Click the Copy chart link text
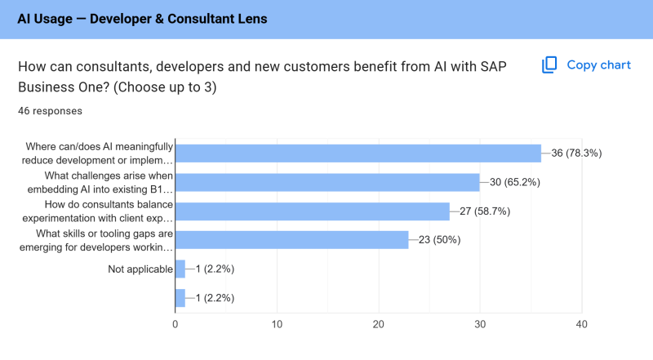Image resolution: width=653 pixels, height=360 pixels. pyautogui.click(x=598, y=65)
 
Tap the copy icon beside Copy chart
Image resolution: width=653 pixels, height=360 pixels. pyautogui.click(x=549, y=65)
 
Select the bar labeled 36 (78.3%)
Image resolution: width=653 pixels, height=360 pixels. pyautogui.click(x=358, y=153)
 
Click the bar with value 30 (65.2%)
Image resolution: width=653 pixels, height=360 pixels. pyautogui.click(x=328, y=183)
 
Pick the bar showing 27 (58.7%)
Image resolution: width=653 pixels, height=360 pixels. pyautogui.click(x=313, y=211)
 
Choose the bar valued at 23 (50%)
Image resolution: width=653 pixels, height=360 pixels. pyautogui.click(x=292, y=240)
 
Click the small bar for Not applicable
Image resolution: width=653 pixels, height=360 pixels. pyautogui.click(x=180, y=269)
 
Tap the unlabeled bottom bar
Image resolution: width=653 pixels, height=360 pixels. pyautogui.click(x=180, y=298)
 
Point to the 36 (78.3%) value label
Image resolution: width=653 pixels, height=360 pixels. pyautogui.click(x=576, y=153)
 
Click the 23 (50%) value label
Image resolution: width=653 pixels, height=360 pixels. pyautogui.click(x=439, y=240)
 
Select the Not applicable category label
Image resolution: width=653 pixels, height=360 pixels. pyautogui.click(x=140, y=269)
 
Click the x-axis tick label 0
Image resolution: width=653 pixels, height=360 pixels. pyautogui.click(x=175, y=324)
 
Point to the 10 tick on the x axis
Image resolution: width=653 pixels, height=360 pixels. pyautogui.click(x=277, y=324)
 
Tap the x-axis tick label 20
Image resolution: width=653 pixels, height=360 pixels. pyautogui.click(x=379, y=324)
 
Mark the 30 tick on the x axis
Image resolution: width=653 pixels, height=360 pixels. pyautogui.click(x=480, y=324)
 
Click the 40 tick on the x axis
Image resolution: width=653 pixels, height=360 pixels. pyautogui.click(x=582, y=324)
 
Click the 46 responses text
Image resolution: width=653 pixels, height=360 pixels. pyautogui.click(x=50, y=111)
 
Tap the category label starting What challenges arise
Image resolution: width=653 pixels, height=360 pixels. pyautogui.click(x=100, y=183)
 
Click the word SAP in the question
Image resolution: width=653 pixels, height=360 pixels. pyautogui.click(x=493, y=67)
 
